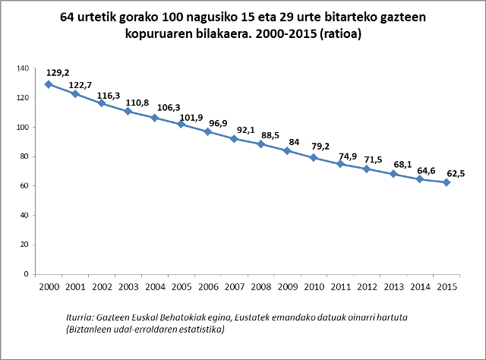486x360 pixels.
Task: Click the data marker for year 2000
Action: (x=49, y=84)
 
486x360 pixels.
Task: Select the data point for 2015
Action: (x=447, y=182)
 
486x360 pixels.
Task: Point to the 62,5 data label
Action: (x=455, y=173)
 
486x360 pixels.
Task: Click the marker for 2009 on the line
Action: (x=287, y=150)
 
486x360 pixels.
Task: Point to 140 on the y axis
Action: (x=22, y=69)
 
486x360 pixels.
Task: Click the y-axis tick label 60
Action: (x=24, y=186)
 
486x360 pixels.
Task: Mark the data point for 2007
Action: (x=234, y=138)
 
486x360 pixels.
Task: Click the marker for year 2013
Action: (x=393, y=174)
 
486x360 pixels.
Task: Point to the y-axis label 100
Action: (x=22, y=128)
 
